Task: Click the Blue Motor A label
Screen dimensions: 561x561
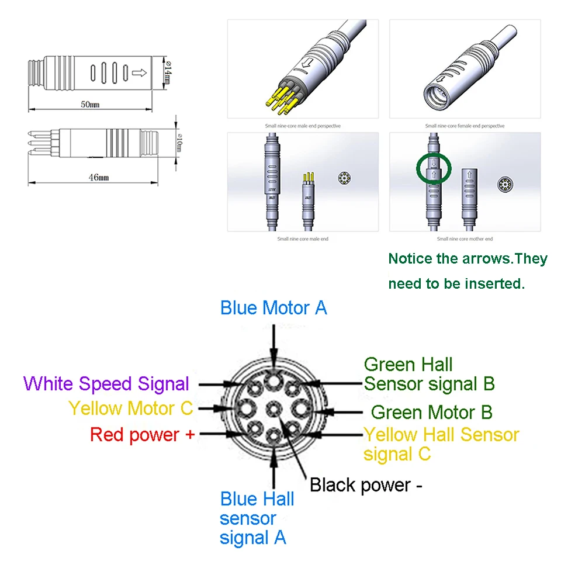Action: (273, 308)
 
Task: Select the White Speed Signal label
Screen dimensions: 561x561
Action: (106, 384)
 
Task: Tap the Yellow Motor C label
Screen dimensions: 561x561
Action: (130, 408)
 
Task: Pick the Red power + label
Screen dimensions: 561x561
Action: (142, 434)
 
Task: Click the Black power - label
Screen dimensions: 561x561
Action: (365, 485)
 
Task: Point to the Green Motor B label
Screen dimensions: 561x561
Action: (431, 412)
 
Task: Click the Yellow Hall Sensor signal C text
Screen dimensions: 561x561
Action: (441, 444)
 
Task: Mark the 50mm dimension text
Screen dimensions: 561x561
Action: (90, 105)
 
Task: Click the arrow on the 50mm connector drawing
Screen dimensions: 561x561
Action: (139, 72)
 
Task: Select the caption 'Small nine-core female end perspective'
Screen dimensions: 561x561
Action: (465, 126)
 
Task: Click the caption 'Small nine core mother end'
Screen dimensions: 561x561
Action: (465, 238)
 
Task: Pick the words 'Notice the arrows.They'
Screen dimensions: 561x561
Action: (467, 258)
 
